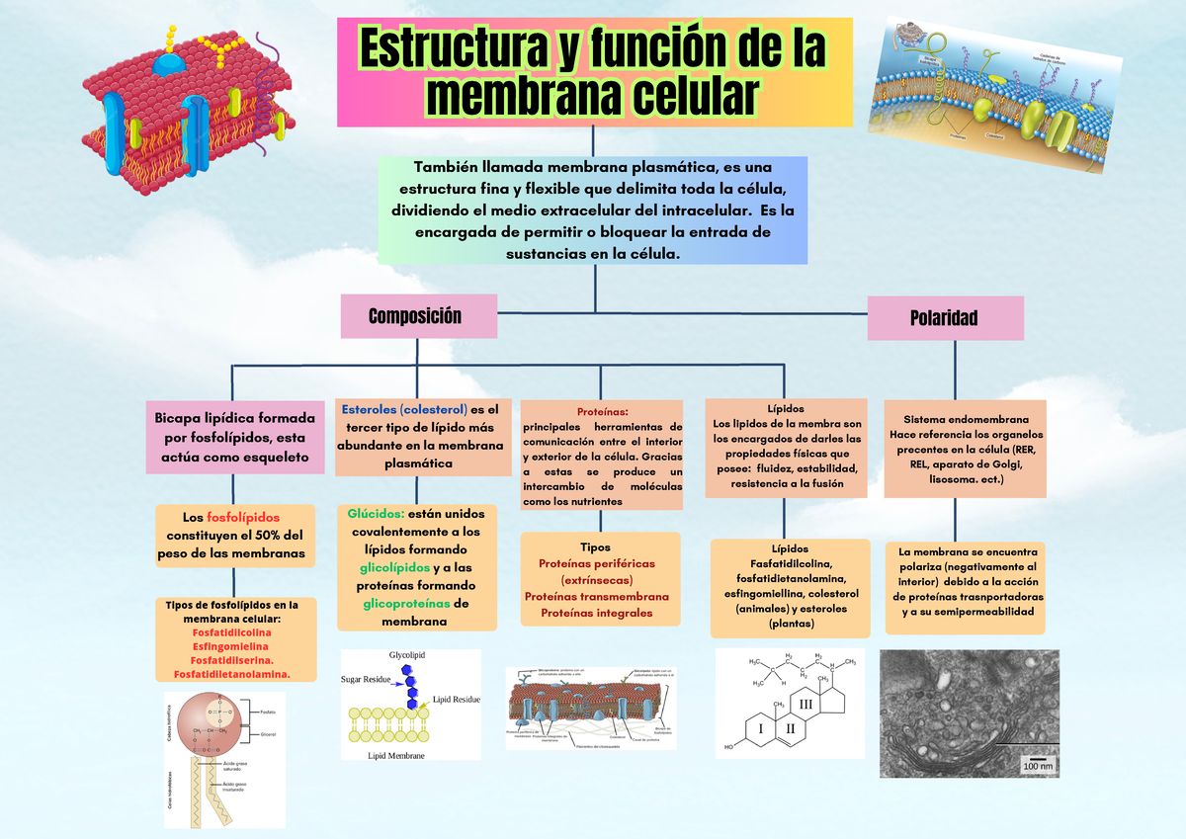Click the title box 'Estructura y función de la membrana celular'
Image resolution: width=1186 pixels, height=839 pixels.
pyautogui.click(x=594, y=71)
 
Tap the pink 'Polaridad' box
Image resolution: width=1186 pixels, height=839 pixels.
pyautogui.click(x=944, y=317)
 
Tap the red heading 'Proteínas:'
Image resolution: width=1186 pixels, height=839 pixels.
pyautogui.click(x=601, y=411)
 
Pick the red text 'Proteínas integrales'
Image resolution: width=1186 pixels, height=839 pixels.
pyautogui.click(x=596, y=614)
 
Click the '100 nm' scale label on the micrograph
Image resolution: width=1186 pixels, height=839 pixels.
pyautogui.click(x=1038, y=766)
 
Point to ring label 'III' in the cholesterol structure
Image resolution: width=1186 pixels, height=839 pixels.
pyautogui.click(x=805, y=704)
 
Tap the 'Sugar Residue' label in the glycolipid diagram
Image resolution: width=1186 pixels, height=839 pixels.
pyautogui.click(x=366, y=680)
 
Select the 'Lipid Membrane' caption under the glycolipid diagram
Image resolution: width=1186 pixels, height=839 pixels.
pyautogui.click(x=395, y=755)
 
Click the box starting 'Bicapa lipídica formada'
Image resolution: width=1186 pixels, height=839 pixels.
pyautogui.click(x=232, y=436)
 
